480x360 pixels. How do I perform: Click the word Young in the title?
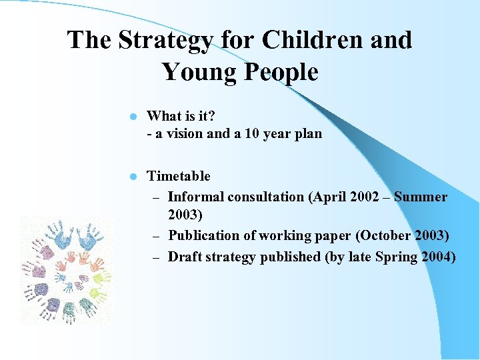click(197, 72)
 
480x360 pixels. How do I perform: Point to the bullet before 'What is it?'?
click(133, 117)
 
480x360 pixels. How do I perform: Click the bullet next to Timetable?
click(133, 177)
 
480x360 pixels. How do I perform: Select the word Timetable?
click(178, 176)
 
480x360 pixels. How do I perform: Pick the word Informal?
click(195, 197)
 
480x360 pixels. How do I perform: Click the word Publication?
click(203, 236)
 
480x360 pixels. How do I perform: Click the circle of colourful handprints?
click(66, 270)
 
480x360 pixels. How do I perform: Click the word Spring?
click(397, 257)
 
